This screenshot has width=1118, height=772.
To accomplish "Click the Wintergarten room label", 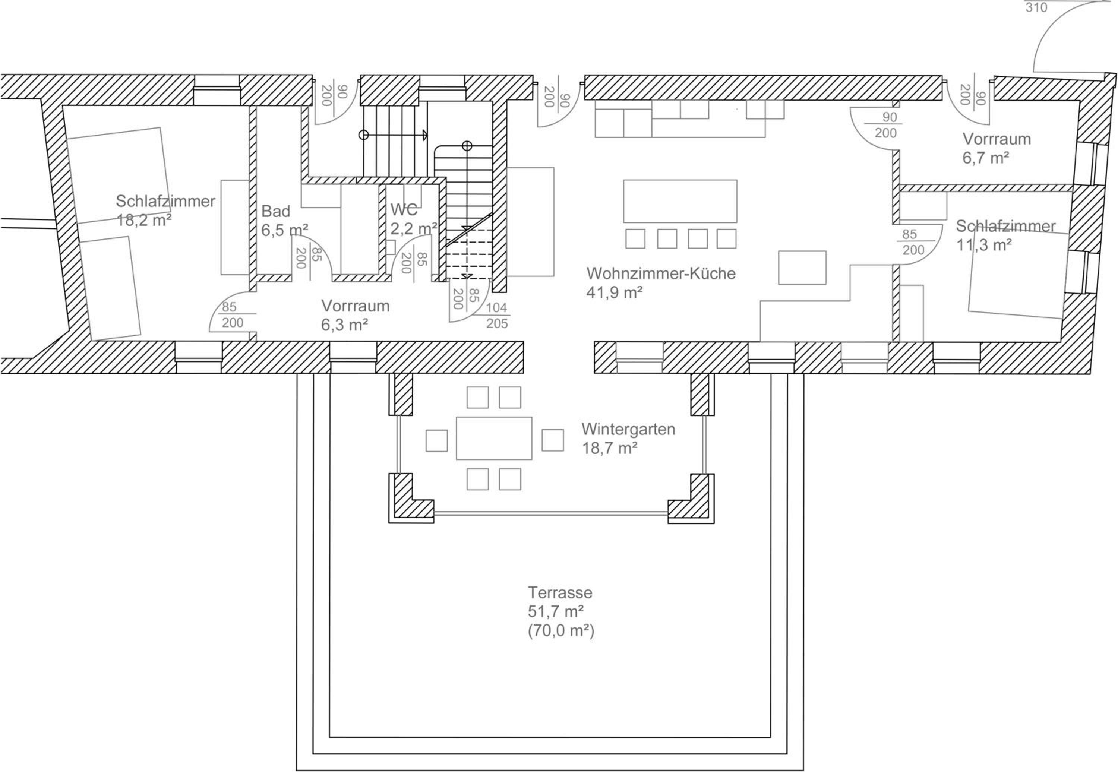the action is [x=628, y=429].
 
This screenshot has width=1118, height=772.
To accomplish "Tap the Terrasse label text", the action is [x=560, y=592].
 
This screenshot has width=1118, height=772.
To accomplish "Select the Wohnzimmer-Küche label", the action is [x=661, y=273].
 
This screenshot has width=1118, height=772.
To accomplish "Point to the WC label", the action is [x=404, y=209].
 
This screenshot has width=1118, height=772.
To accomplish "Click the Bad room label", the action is [x=276, y=211].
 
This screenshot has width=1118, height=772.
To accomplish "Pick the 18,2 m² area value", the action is [x=144, y=220].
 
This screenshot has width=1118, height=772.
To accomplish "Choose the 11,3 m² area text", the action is [x=984, y=245].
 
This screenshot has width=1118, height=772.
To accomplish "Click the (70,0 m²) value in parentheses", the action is [x=561, y=631].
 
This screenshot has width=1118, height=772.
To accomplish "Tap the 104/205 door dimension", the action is [x=497, y=315].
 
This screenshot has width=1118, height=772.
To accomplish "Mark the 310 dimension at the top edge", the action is [x=1036, y=7].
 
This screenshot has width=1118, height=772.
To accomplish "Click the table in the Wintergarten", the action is [x=494, y=438].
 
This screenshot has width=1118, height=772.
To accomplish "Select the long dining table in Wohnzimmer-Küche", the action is [x=680, y=201].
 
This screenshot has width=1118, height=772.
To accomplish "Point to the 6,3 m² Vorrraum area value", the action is [x=344, y=325].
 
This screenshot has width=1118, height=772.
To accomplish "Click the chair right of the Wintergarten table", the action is [x=552, y=440].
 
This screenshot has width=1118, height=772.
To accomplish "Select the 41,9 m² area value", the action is [x=615, y=292].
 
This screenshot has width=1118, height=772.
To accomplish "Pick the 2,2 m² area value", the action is [x=414, y=228].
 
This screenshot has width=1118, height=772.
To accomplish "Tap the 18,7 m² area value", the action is [x=610, y=448].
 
